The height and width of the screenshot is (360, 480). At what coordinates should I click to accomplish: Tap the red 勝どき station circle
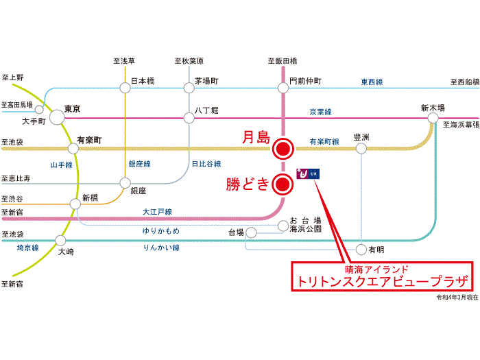point(283,184)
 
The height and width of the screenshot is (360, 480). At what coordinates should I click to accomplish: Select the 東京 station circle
point(56,118)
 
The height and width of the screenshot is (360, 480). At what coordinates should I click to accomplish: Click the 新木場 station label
point(433,108)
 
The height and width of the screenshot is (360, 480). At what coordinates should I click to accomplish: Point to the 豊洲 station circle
point(361,148)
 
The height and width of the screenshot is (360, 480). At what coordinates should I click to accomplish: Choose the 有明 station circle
point(361,249)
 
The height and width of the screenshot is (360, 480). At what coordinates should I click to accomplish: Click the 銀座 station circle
point(125,183)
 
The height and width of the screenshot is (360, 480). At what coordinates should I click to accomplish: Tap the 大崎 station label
point(67,252)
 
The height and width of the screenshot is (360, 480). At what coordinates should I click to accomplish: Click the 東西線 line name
point(372,82)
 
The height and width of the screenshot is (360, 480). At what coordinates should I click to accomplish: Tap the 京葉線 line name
point(320,112)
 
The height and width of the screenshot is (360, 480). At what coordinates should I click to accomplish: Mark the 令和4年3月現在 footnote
point(457,298)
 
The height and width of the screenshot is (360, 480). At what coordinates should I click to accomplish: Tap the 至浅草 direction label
point(124,61)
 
